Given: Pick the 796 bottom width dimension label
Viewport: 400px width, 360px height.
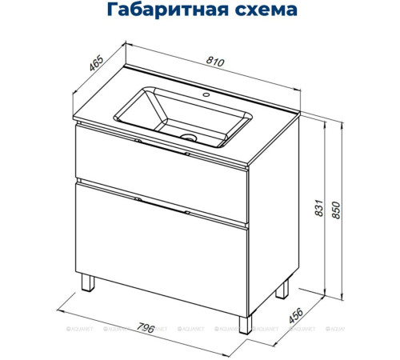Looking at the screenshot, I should pos(145,326).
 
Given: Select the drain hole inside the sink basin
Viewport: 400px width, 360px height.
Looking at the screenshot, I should pos(190,138).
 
